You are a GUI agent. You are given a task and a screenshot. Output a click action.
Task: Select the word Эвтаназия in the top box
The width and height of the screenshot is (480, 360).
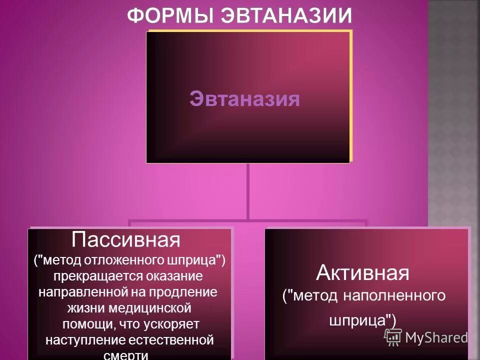[245, 99]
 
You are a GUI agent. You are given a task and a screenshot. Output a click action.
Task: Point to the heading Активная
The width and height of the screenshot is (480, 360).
[362, 273]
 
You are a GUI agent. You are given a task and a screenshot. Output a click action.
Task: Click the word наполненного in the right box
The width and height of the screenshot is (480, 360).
[395, 295]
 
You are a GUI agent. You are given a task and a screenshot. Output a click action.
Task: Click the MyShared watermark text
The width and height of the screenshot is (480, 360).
[436, 337]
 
